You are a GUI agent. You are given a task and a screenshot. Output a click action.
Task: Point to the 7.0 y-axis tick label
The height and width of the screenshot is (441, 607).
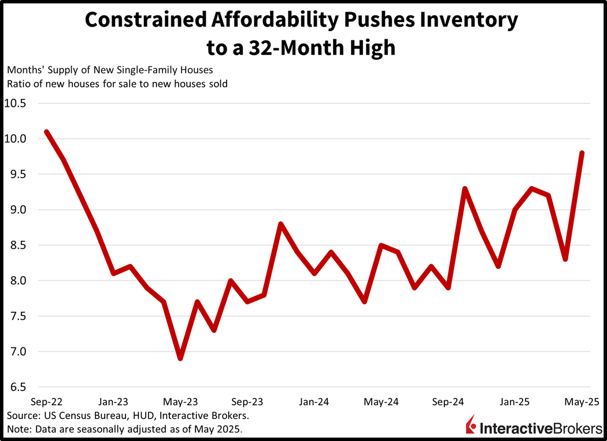18,351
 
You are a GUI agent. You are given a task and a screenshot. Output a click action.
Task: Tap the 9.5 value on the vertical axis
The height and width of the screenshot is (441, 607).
18,175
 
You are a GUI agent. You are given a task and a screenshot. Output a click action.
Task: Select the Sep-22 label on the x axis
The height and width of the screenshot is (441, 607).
46,402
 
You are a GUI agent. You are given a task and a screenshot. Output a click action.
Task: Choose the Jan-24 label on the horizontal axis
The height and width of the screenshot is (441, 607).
314,402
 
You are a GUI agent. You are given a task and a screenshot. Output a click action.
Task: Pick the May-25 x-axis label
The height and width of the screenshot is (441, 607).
582,402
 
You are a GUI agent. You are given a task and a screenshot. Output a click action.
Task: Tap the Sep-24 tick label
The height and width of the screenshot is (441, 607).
448,402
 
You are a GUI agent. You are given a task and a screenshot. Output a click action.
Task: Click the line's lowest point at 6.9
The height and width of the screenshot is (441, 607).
180,358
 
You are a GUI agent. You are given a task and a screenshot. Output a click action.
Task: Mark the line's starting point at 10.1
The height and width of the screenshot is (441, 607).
46,132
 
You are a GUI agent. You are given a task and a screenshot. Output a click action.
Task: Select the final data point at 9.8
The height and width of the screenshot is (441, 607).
582,153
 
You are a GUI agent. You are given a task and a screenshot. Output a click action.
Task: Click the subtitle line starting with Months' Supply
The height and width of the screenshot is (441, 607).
109,70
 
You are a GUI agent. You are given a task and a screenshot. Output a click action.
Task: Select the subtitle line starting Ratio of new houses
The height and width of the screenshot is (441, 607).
117,84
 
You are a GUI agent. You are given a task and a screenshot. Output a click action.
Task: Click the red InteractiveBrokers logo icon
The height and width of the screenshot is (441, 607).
471,424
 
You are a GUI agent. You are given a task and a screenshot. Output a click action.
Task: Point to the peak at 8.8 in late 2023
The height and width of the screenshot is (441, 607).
280,224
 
